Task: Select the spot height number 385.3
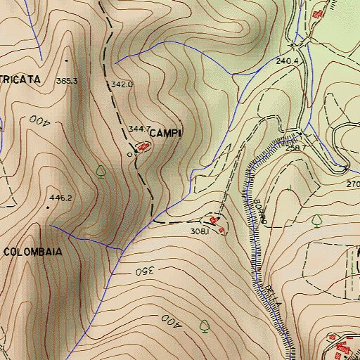tap(66, 81)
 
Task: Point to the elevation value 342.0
tap(122, 84)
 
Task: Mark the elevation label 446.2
tap(60, 198)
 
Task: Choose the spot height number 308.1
tap(200, 231)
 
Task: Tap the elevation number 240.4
tap(288, 62)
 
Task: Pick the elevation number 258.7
tap(297, 148)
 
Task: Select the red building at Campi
tap(143, 146)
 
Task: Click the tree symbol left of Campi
tap(101, 170)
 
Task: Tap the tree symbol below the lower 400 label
tap(204, 326)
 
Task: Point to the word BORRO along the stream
tap(259, 211)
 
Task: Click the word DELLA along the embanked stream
tap(274, 295)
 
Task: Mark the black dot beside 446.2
tap(48, 207)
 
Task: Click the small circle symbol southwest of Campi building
tap(129, 153)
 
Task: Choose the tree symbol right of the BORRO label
tap(317, 221)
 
